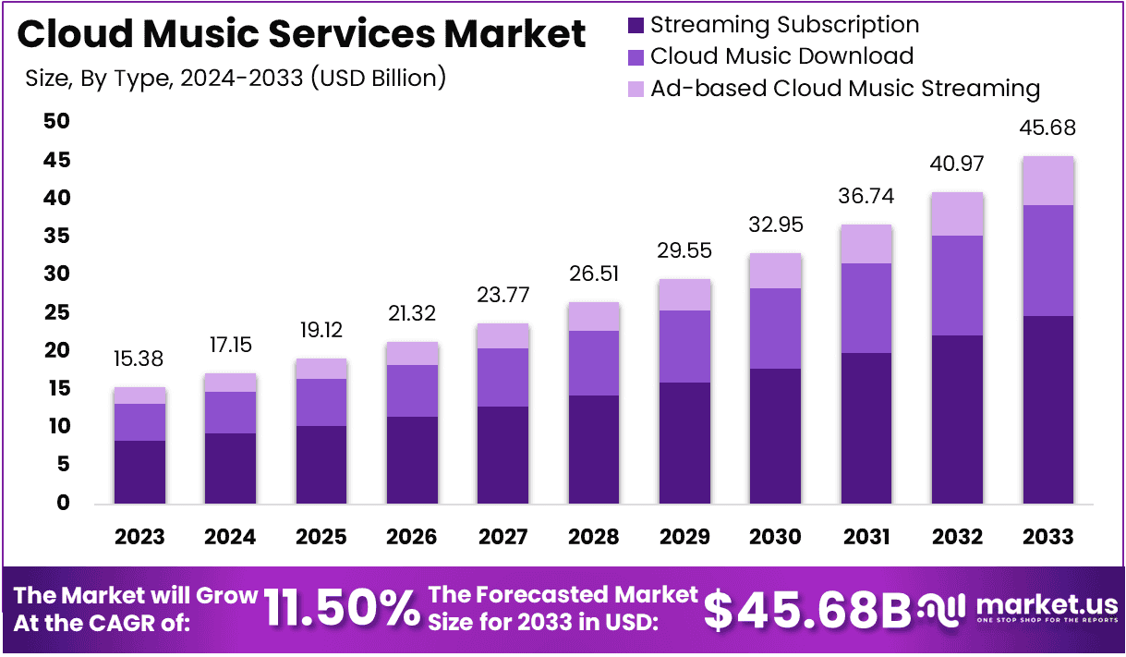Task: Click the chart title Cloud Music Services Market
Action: [301, 35]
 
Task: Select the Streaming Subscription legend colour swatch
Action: [636, 26]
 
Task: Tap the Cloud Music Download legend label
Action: [781, 56]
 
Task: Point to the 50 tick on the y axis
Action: [57, 121]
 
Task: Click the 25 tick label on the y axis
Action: [57, 312]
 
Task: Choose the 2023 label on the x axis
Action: [139, 537]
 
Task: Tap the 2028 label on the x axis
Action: [594, 537]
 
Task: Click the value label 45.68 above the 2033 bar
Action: [1048, 128]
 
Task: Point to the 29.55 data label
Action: [684, 251]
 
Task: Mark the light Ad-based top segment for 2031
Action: [866, 244]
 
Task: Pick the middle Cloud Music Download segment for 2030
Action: [776, 328]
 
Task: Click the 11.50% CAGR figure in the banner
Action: [341, 609]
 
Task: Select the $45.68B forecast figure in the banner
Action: [807, 609]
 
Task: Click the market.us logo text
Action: [1046, 605]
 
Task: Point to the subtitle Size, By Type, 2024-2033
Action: [236, 78]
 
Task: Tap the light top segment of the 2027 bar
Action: [503, 335]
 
